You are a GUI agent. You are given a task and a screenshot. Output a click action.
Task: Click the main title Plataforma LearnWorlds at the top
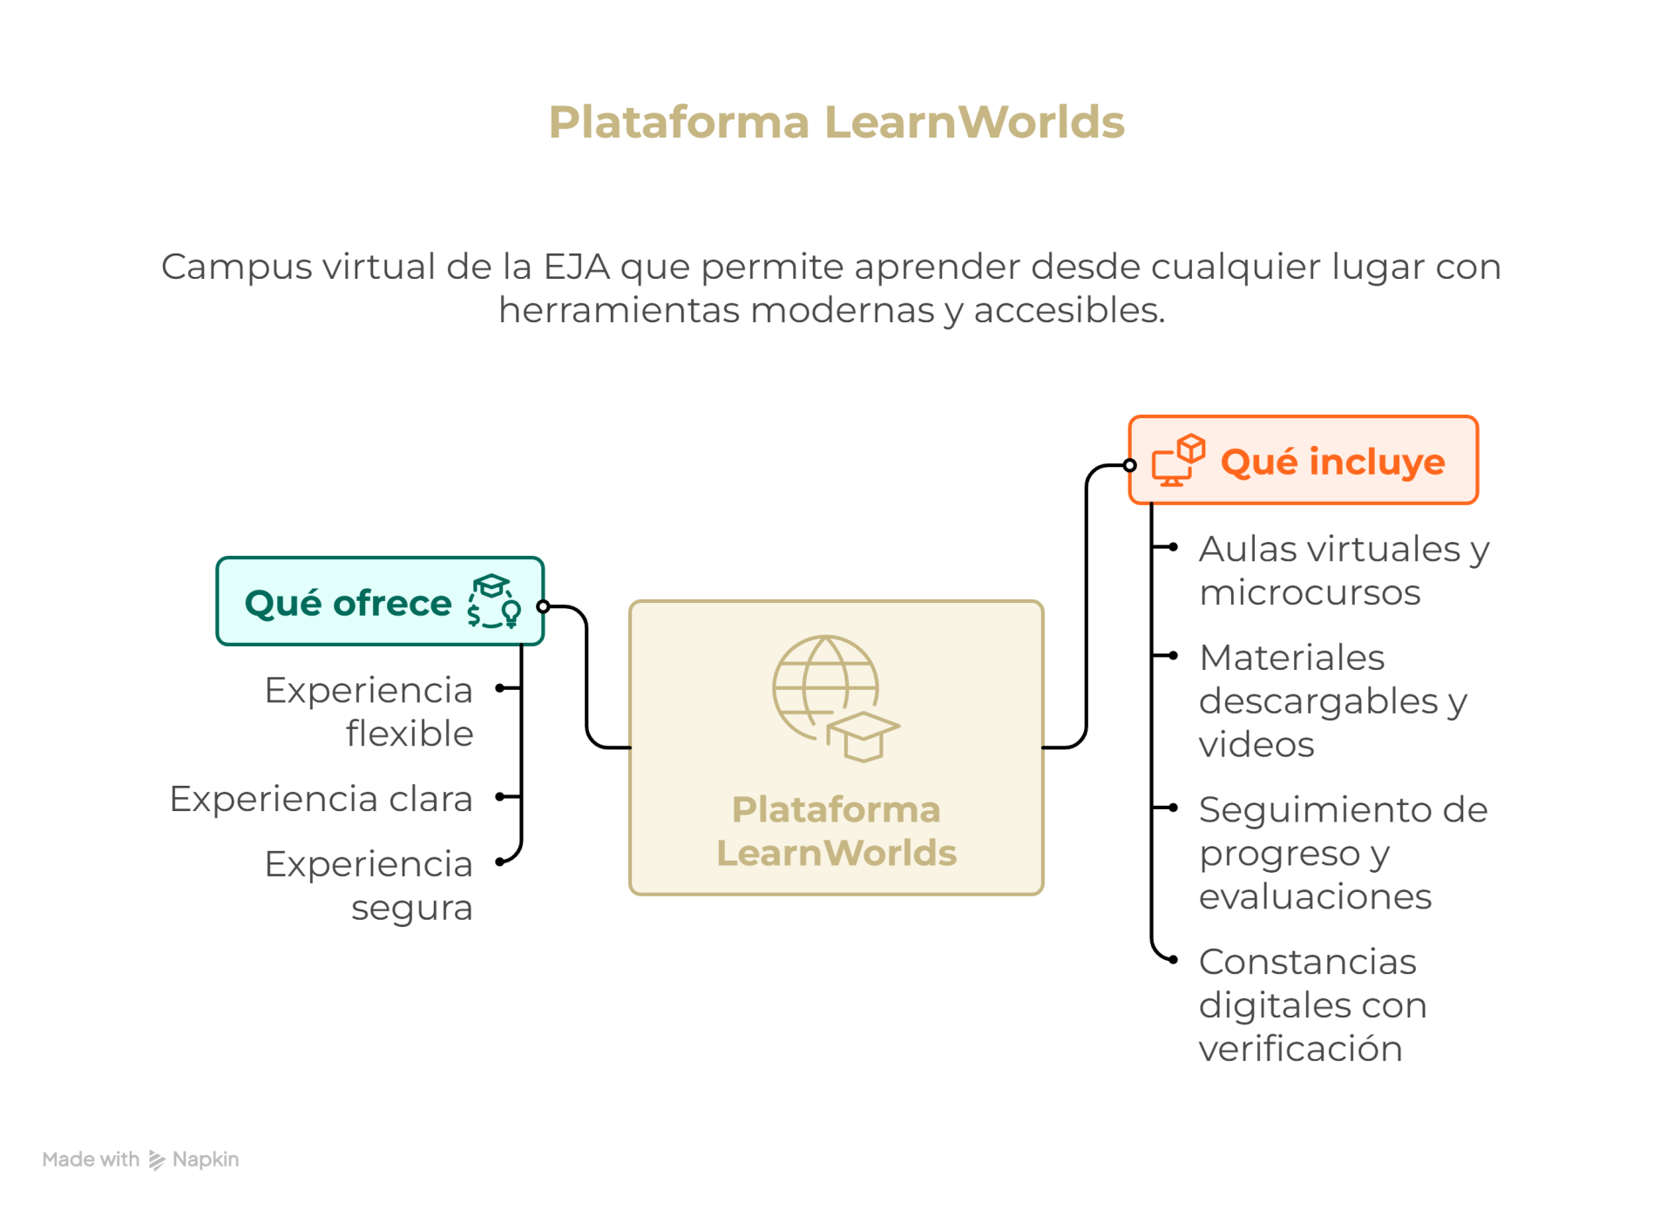(x=836, y=122)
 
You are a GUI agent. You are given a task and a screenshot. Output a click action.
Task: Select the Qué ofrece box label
(x=348, y=603)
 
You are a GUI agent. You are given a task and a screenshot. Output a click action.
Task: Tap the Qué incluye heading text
(x=1332, y=462)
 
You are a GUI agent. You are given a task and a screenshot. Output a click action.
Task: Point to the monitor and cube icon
(x=1178, y=461)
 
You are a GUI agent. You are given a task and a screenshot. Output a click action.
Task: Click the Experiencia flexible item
(x=369, y=711)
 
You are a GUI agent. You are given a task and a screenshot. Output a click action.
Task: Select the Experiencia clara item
(x=321, y=798)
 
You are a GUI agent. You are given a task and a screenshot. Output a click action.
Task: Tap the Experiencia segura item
(x=369, y=885)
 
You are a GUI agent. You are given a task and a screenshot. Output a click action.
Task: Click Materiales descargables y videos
(x=1333, y=700)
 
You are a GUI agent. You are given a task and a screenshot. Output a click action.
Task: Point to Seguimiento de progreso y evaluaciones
(x=1342, y=852)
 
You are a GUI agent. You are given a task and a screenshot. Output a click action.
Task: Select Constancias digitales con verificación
(x=1312, y=1004)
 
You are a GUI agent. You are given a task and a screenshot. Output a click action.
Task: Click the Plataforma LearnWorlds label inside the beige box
(x=836, y=830)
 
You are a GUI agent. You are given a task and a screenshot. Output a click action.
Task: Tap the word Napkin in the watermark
(x=206, y=1159)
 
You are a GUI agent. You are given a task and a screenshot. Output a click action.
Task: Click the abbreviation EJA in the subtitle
(x=576, y=267)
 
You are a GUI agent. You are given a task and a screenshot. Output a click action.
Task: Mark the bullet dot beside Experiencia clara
(x=499, y=796)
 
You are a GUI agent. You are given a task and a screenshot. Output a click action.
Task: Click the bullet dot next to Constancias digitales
(x=1174, y=959)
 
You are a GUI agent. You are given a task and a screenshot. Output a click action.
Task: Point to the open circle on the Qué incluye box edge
(x=1130, y=465)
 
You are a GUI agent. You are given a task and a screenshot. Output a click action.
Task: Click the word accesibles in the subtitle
(x=1069, y=310)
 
